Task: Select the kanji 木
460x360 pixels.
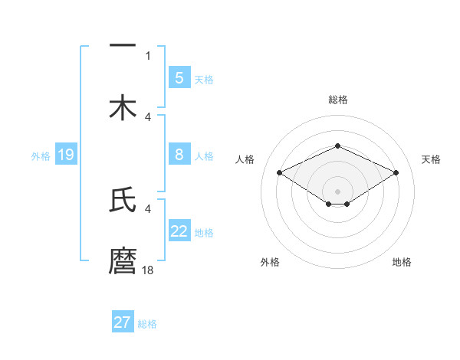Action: pos(123,108)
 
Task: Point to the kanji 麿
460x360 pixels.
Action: pos(123,260)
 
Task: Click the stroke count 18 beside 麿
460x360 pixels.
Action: pos(149,270)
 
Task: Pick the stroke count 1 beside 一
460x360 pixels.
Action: pos(148,55)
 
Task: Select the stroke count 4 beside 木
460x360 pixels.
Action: pos(148,116)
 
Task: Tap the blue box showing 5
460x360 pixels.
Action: pos(179,77)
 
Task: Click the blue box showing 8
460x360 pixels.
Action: pos(179,155)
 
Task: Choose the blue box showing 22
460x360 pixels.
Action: pos(179,231)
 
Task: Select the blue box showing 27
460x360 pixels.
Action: pos(122,322)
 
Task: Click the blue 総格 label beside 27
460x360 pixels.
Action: pos(147,324)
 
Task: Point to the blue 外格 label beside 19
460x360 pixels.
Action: pos(41,156)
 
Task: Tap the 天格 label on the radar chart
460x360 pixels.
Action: pos(431,159)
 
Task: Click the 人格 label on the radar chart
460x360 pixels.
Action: pos(245,159)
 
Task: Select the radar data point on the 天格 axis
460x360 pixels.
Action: pos(396,172)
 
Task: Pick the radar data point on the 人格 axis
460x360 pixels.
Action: pos(280,172)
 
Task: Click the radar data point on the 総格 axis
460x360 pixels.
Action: pos(337,146)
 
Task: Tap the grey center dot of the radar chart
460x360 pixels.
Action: pos(337,191)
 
